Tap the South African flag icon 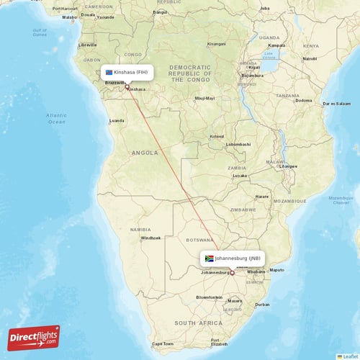click(x=210, y=258)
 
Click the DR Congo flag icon click(x=109, y=72)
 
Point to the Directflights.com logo click(x=34, y=338)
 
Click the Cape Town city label click(x=163, y=343)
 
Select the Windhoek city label click(x=152, y=238)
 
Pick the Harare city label click(x=262, y=196)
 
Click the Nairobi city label click(x=310, y=58)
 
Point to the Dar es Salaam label click(x=337, y=104)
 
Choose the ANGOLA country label click(x=144, y=153)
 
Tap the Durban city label click(x=262, y=305)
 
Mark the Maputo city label click(x=276, y=271)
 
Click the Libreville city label click(x=89, y=45)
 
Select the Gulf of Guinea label click(x=40, y=32)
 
